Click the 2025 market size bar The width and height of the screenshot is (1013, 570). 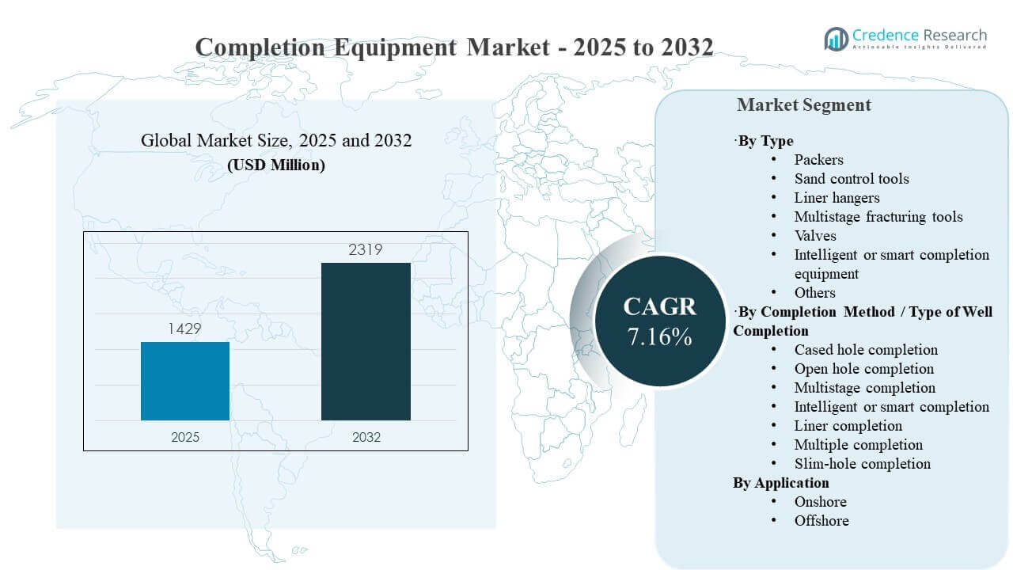tap(185, 381)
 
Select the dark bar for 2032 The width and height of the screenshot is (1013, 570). tap(366, 341)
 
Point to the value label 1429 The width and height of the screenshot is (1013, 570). tap(185, 329)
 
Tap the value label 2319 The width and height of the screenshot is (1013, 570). tap(366, 250)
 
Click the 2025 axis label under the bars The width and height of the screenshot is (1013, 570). tap(186, 437)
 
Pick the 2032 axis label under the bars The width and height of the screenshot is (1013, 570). tap(366, 437)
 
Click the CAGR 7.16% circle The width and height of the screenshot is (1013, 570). tap(659, 321)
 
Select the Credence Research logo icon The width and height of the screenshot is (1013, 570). tap(836, 38)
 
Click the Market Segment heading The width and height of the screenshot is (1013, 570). tap(803, 105)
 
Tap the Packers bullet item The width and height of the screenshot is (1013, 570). tap(818, 160)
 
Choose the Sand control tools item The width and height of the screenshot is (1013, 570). tap(852, 179)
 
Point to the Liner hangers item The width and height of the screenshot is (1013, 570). tap(837, 198)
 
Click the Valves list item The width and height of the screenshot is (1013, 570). tap(815, 236)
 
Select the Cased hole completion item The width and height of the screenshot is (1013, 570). tap(866, 350)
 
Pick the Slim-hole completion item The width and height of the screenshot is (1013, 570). tap(862, 464)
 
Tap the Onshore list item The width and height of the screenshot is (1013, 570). tap(820, 502)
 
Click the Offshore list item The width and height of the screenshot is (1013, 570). tap(821, 521)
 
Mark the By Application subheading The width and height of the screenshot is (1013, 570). tap(781, 483)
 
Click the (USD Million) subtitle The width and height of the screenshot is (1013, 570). tap(276, 165)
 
